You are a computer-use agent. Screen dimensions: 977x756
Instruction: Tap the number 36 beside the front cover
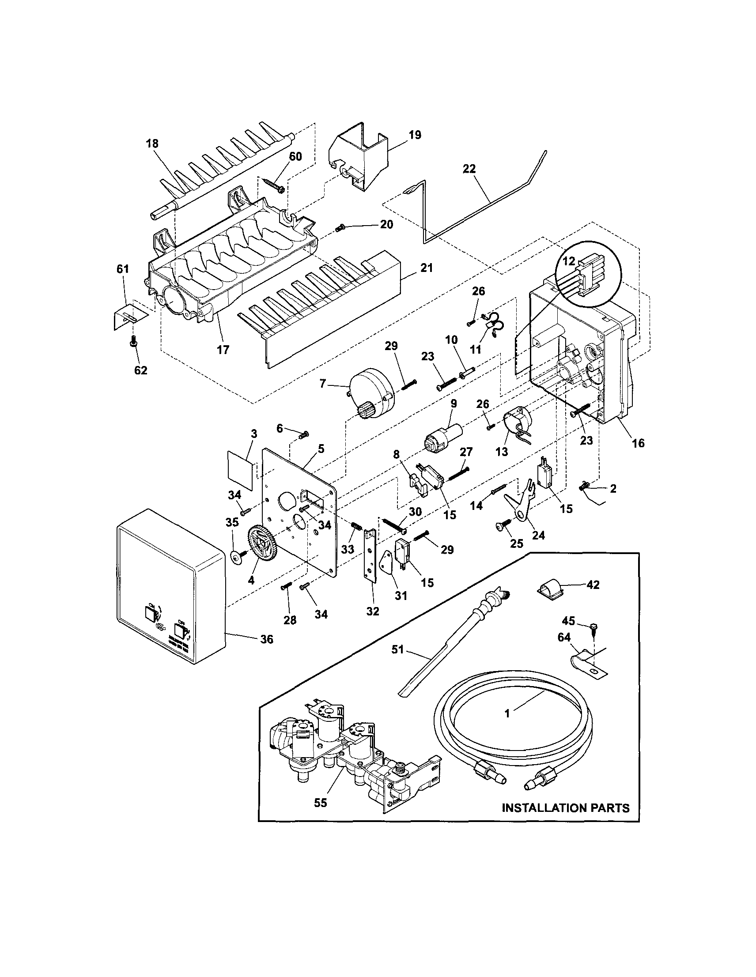click(267, 639)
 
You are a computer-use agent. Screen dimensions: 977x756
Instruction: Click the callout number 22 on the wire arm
click(469, 169)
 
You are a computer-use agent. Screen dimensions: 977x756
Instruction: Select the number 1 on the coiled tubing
click(507, 714)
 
